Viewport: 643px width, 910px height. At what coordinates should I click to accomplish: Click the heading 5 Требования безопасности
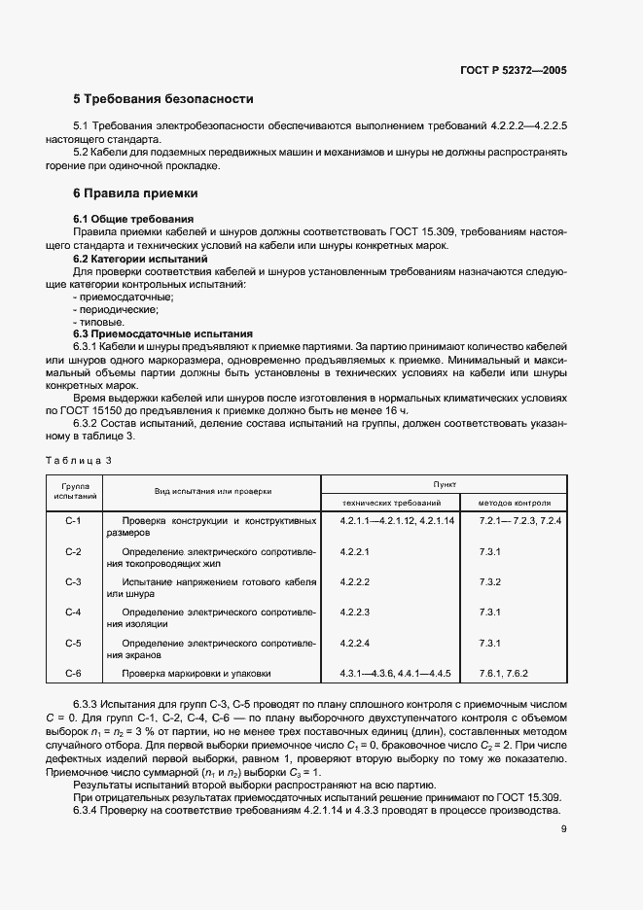[x=163, y=99]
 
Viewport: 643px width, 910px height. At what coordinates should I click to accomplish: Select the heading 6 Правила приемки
[x=136, y=193]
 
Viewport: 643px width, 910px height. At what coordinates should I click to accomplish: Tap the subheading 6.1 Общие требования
[x=134, y=219]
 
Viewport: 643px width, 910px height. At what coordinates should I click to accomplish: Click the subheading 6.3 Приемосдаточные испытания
[x=163, y=333]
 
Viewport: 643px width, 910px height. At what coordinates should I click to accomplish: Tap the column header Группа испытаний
[x=76, y=490]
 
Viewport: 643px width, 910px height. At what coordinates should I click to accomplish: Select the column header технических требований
[x=390, y=503]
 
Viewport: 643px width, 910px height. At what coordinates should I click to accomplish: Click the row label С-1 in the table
[x=73, y=522]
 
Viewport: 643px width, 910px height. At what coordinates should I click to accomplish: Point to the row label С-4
[x=73, y=612]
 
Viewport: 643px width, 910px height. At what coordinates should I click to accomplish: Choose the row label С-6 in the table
[x=73, y=673]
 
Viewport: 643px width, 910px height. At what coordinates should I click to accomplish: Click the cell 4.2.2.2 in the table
[x=356, y=582]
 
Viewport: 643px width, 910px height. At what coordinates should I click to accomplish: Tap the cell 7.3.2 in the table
[x=489, y=582]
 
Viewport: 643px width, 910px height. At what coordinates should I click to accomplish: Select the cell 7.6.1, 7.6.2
[x=503, y=673]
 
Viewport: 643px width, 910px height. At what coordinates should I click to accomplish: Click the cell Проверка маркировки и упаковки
[x=196, y=673]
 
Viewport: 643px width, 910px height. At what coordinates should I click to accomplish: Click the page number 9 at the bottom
[x=564, y=829]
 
